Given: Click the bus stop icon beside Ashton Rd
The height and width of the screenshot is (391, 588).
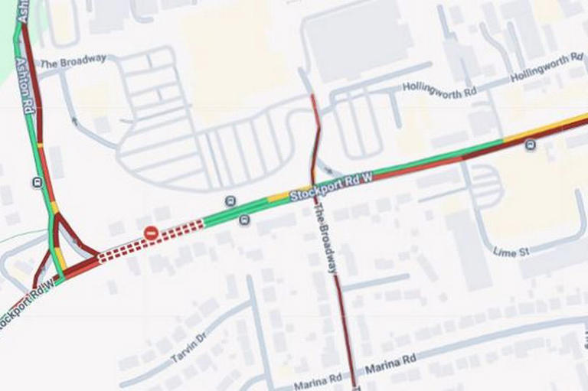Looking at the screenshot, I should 37,182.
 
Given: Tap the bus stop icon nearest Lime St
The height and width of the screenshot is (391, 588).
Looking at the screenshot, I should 531,145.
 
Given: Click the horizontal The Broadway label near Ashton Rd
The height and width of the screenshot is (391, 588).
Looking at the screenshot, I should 73,61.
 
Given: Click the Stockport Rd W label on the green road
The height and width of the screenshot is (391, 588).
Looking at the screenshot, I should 331,187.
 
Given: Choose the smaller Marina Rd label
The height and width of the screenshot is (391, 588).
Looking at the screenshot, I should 318,380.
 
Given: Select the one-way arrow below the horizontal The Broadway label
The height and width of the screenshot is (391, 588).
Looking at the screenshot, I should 74,120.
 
